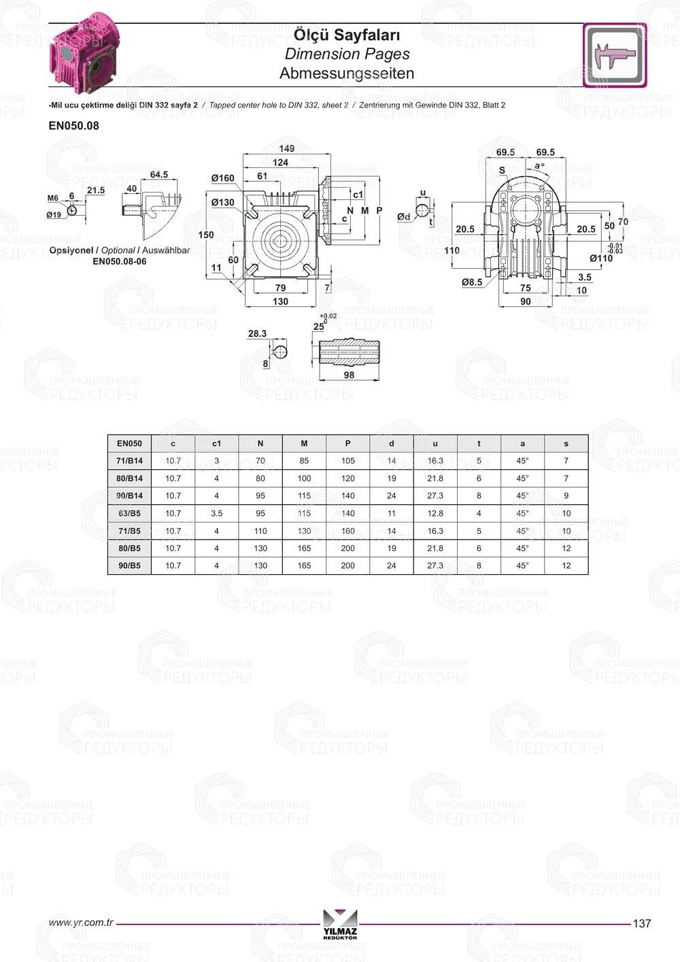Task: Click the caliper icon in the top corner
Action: (x=615, y=55)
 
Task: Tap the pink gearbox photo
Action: (x=84, y=53)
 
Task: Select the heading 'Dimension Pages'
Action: (x=347, y=54)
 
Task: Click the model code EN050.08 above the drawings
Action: (x=73, y=126)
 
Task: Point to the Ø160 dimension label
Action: (x=223, y=178)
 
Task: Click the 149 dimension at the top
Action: (x=287, y=148)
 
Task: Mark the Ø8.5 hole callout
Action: (x=472, y=282)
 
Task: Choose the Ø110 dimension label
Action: (x=601, y=259)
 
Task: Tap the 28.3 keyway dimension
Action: (x=257, y=333)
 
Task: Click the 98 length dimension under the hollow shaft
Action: (x=349, y=375)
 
